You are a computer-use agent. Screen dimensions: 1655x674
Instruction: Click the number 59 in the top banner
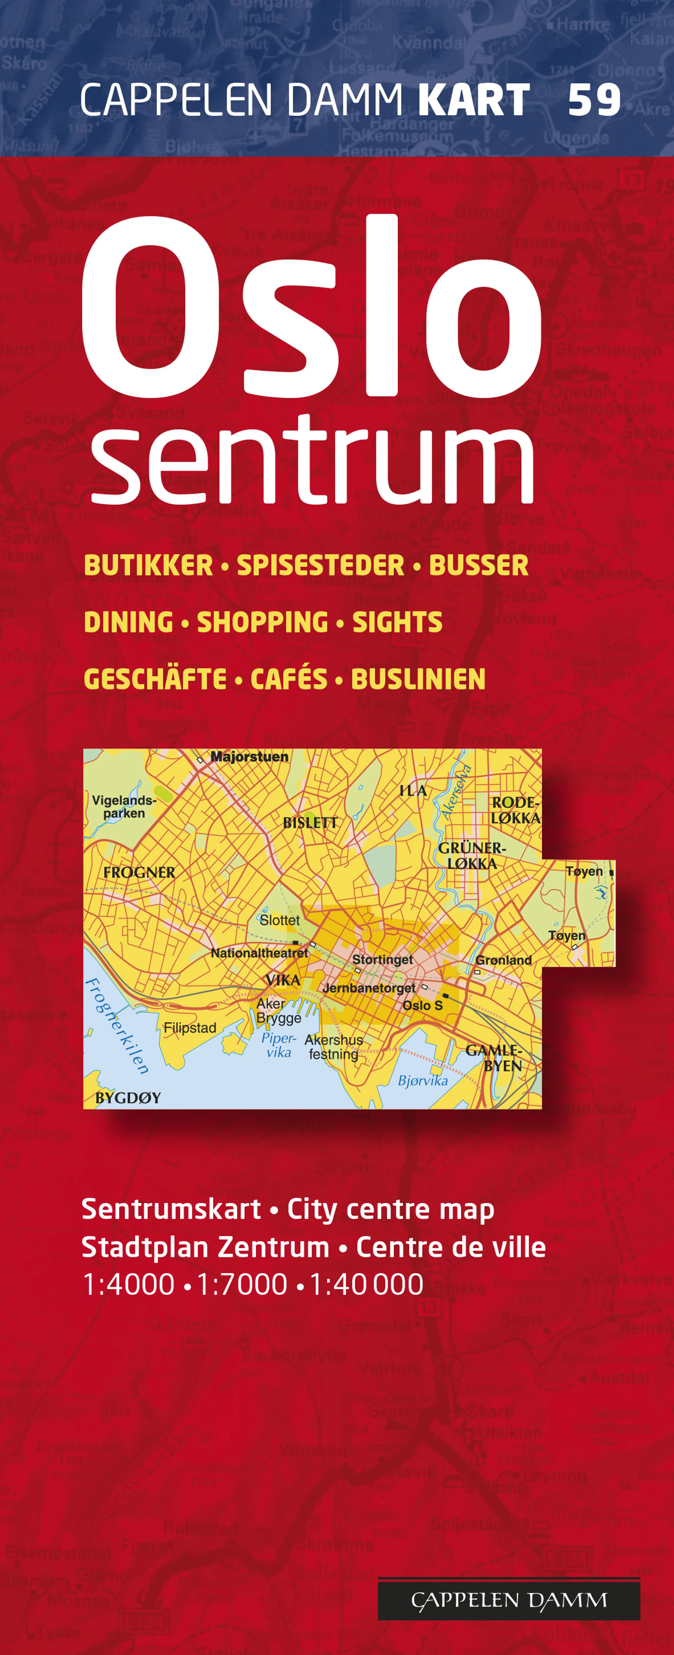pyautogui.click(x=594, y=100)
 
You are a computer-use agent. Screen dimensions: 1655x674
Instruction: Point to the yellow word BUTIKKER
pyautogui.click(x=148, y=565)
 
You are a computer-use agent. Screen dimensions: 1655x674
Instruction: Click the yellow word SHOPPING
pyautogui.click(x=262, y=622)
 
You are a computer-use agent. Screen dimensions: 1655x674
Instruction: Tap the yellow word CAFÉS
pyautogui.click(x=289, y=679)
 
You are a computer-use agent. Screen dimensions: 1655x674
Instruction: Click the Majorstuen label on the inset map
pyautogui.click(x=249, y=757)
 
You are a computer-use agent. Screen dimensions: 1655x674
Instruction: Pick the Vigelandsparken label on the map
pyautogui.click(x=124, y=806)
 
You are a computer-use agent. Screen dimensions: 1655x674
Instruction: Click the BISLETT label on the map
pyautogui.click(x=310, y=822)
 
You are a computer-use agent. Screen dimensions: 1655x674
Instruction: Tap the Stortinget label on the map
pyautogui.click(x=383, y=959)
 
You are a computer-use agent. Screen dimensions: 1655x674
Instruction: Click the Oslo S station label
pyautogui.click(x=422, y=1005)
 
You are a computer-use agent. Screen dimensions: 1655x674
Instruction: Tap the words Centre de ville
pyautogui.click(x=451, y=1247)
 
